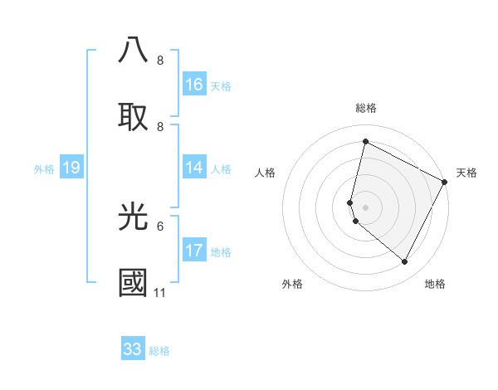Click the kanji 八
pos(133,51)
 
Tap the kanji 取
pos(133,117)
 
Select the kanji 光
pos(133,217)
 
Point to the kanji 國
pos(133,283)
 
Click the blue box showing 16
pos(194,85)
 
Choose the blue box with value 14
pos(194,168)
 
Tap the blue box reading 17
pos(194,251)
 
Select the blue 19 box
pos(71,168)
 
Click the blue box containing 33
pos(133,349)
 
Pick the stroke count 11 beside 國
pos(160,292)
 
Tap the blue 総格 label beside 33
pos(159,351)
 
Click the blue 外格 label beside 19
pos(44,169)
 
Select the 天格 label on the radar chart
pos(466,173)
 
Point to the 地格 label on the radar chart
pos(435,284)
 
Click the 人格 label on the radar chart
pos(266,173)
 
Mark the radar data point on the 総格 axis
pos(365,141)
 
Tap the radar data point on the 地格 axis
pos(404,262)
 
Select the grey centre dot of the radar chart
pos(365,207)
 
